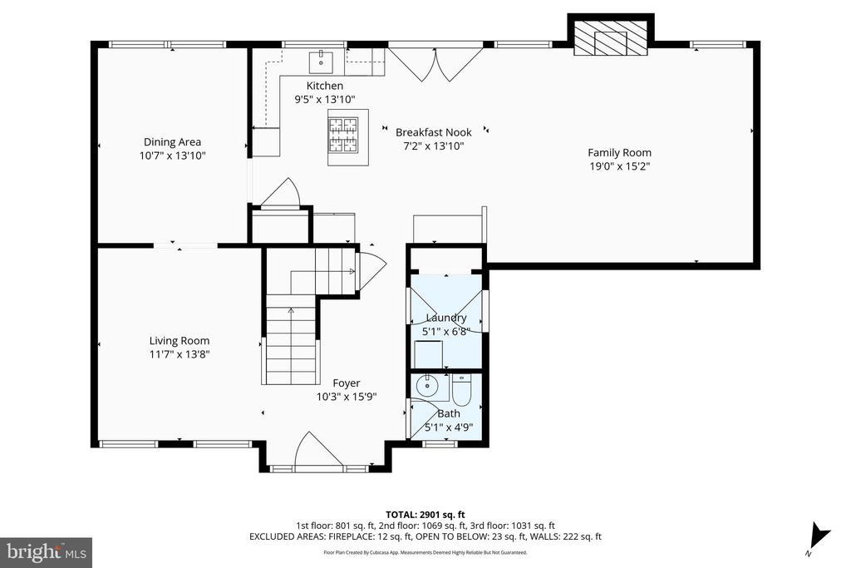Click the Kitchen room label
pyautogui.click(x=325, y=86)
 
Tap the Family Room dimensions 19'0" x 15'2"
pyautogui.click(x=619, y=166)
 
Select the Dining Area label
pyautogui.click(x=172, y=142)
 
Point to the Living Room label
pyautogui.click(x=180, y=341)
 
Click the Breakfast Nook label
pyautogui.click(x=433, y=132)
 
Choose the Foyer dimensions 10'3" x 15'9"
pyautogui.click(x=347, y=397)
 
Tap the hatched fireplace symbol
pyautogui.click(x=611, y=38)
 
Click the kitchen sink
pyautogui.click(x=322, y=62)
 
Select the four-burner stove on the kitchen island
pyautogui.click(x=343, y=134)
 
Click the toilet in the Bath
pyautogui.click(x=462, y=390)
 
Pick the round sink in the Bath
pyautogui.click(x=428, y=387)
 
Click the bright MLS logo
pyautogui.click(x=47, y=553)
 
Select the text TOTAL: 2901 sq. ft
pyautogui.click(x=425, y=515)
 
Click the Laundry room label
pyautogui.click(x=446, y=318)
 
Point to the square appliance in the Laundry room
pyautogui.click(x=428, y=354)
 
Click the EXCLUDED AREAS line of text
pyautogui.click(x=425, y=536)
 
